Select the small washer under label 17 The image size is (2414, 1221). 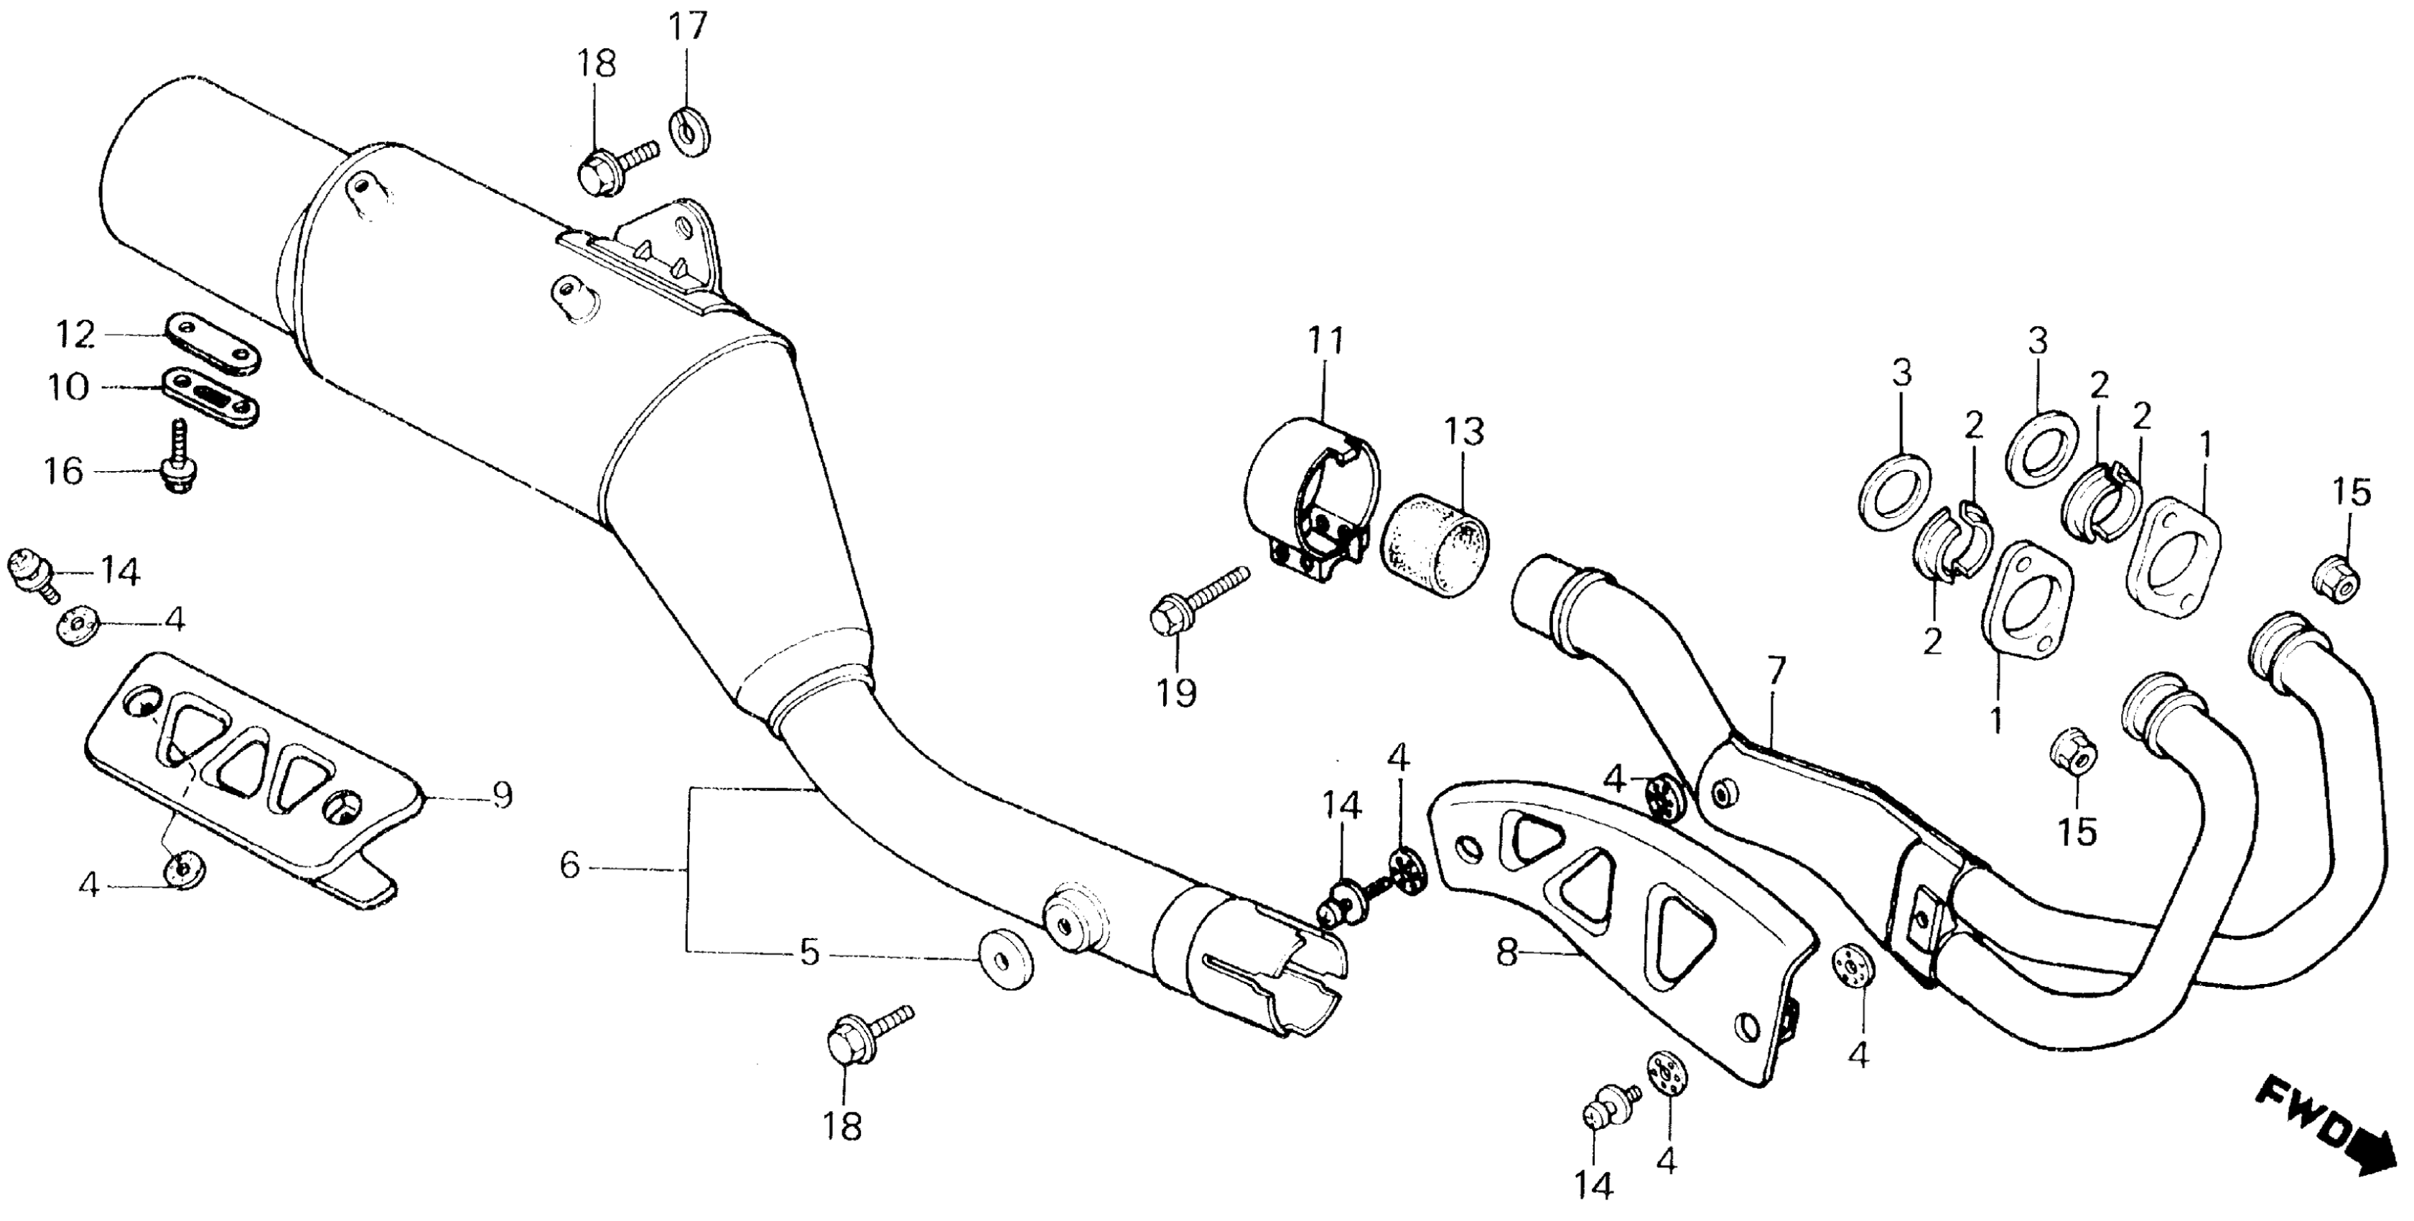coord(690,133)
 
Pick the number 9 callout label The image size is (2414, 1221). coord(503,796)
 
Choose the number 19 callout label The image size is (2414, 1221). coord(1176,693)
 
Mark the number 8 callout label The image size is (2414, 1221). coord(1506,955)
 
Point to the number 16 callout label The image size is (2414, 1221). coord(64,471)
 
